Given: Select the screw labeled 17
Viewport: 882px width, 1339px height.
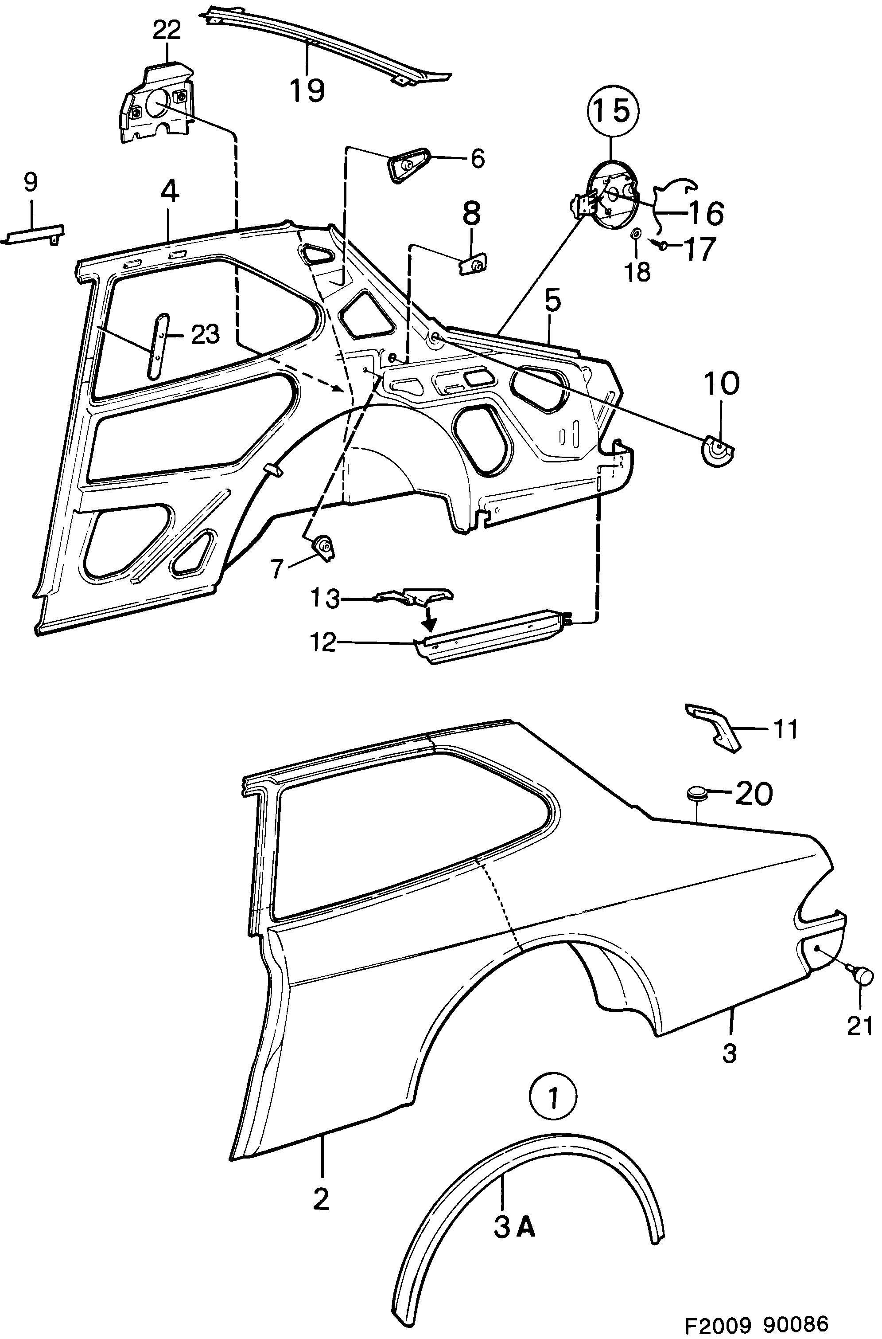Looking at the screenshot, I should coord(663,245).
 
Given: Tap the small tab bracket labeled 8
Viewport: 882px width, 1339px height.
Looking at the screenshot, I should coord(474,263).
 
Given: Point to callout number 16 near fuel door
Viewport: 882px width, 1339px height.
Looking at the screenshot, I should coord(705,213).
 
